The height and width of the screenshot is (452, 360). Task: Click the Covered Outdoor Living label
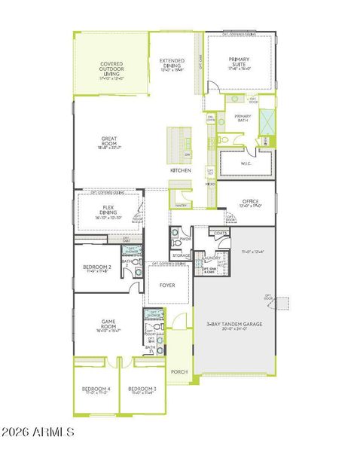111,69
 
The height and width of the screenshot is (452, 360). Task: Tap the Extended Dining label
172,62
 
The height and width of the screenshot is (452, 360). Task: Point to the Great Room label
110,140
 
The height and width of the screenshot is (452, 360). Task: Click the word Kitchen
180,171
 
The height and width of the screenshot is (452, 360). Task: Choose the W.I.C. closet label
246,163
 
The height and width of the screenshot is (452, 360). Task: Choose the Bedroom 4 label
96,389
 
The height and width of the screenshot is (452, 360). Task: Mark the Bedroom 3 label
143,389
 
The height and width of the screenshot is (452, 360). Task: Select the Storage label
181,255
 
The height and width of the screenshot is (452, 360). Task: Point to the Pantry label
181,205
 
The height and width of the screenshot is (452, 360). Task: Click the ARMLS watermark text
39,432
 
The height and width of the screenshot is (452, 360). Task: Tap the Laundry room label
212,258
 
